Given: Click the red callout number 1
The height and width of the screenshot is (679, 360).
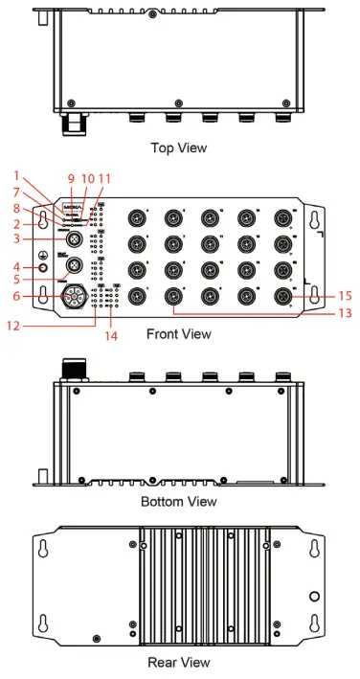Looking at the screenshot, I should (16, 175).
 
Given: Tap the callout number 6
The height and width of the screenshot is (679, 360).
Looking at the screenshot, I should (16, 298).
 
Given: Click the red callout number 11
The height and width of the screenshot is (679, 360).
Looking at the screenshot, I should (104, 178).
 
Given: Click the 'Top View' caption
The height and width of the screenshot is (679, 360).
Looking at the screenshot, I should (179, 148).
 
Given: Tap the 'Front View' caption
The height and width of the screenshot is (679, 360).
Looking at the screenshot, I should (179, 334).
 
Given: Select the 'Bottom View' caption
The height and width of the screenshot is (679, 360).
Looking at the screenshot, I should (179, 501).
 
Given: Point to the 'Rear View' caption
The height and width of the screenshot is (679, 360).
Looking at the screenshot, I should (179, 662).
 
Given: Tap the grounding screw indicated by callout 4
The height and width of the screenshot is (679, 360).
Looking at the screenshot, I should (42, 265).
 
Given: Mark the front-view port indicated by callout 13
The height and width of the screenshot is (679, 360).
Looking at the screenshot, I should (174, 296).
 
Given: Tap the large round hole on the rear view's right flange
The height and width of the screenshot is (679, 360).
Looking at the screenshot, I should (314, 595).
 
